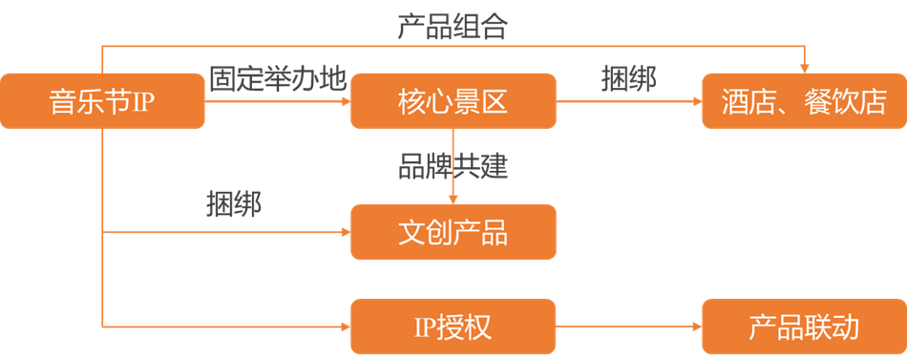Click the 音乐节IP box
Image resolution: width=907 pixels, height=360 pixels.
pos(102,100)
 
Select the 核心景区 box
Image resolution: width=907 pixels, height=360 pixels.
pos(453,100)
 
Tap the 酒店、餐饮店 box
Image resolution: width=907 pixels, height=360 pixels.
pos(804,100)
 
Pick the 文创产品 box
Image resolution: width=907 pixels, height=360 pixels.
pos(453,231)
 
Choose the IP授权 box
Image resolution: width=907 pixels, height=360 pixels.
pos(453,327)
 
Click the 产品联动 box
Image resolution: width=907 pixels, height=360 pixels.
pos(804,327)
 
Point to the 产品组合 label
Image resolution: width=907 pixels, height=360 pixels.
pos(453,27)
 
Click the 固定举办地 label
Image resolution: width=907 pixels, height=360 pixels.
pos(278,79)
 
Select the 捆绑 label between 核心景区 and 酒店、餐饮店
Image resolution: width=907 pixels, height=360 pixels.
pos(629,79)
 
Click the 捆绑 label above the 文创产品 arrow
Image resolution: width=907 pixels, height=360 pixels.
pos(234,204)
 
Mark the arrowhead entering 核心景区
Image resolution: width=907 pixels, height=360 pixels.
pos(347,101)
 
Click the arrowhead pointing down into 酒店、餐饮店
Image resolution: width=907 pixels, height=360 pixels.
pos(804,69)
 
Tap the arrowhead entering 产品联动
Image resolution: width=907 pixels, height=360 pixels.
pos(698,327)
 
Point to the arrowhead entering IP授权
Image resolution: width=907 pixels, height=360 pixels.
pos(347,327)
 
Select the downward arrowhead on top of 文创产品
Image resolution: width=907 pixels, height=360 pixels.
pos(453,200)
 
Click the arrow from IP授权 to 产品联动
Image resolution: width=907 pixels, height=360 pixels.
pos(629,327)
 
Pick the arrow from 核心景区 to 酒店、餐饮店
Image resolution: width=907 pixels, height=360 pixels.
pos(629,101)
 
